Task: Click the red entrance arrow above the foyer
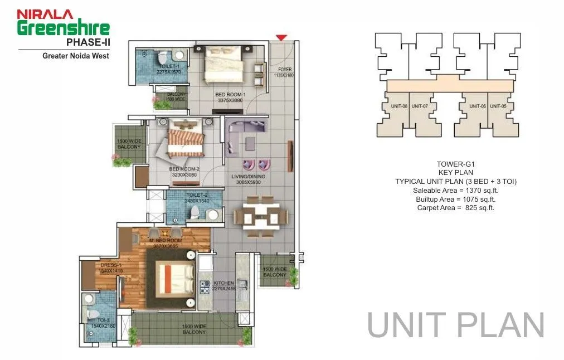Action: (281, 37)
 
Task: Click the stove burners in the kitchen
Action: (205, 287)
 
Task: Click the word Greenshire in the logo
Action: (63, 28)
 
